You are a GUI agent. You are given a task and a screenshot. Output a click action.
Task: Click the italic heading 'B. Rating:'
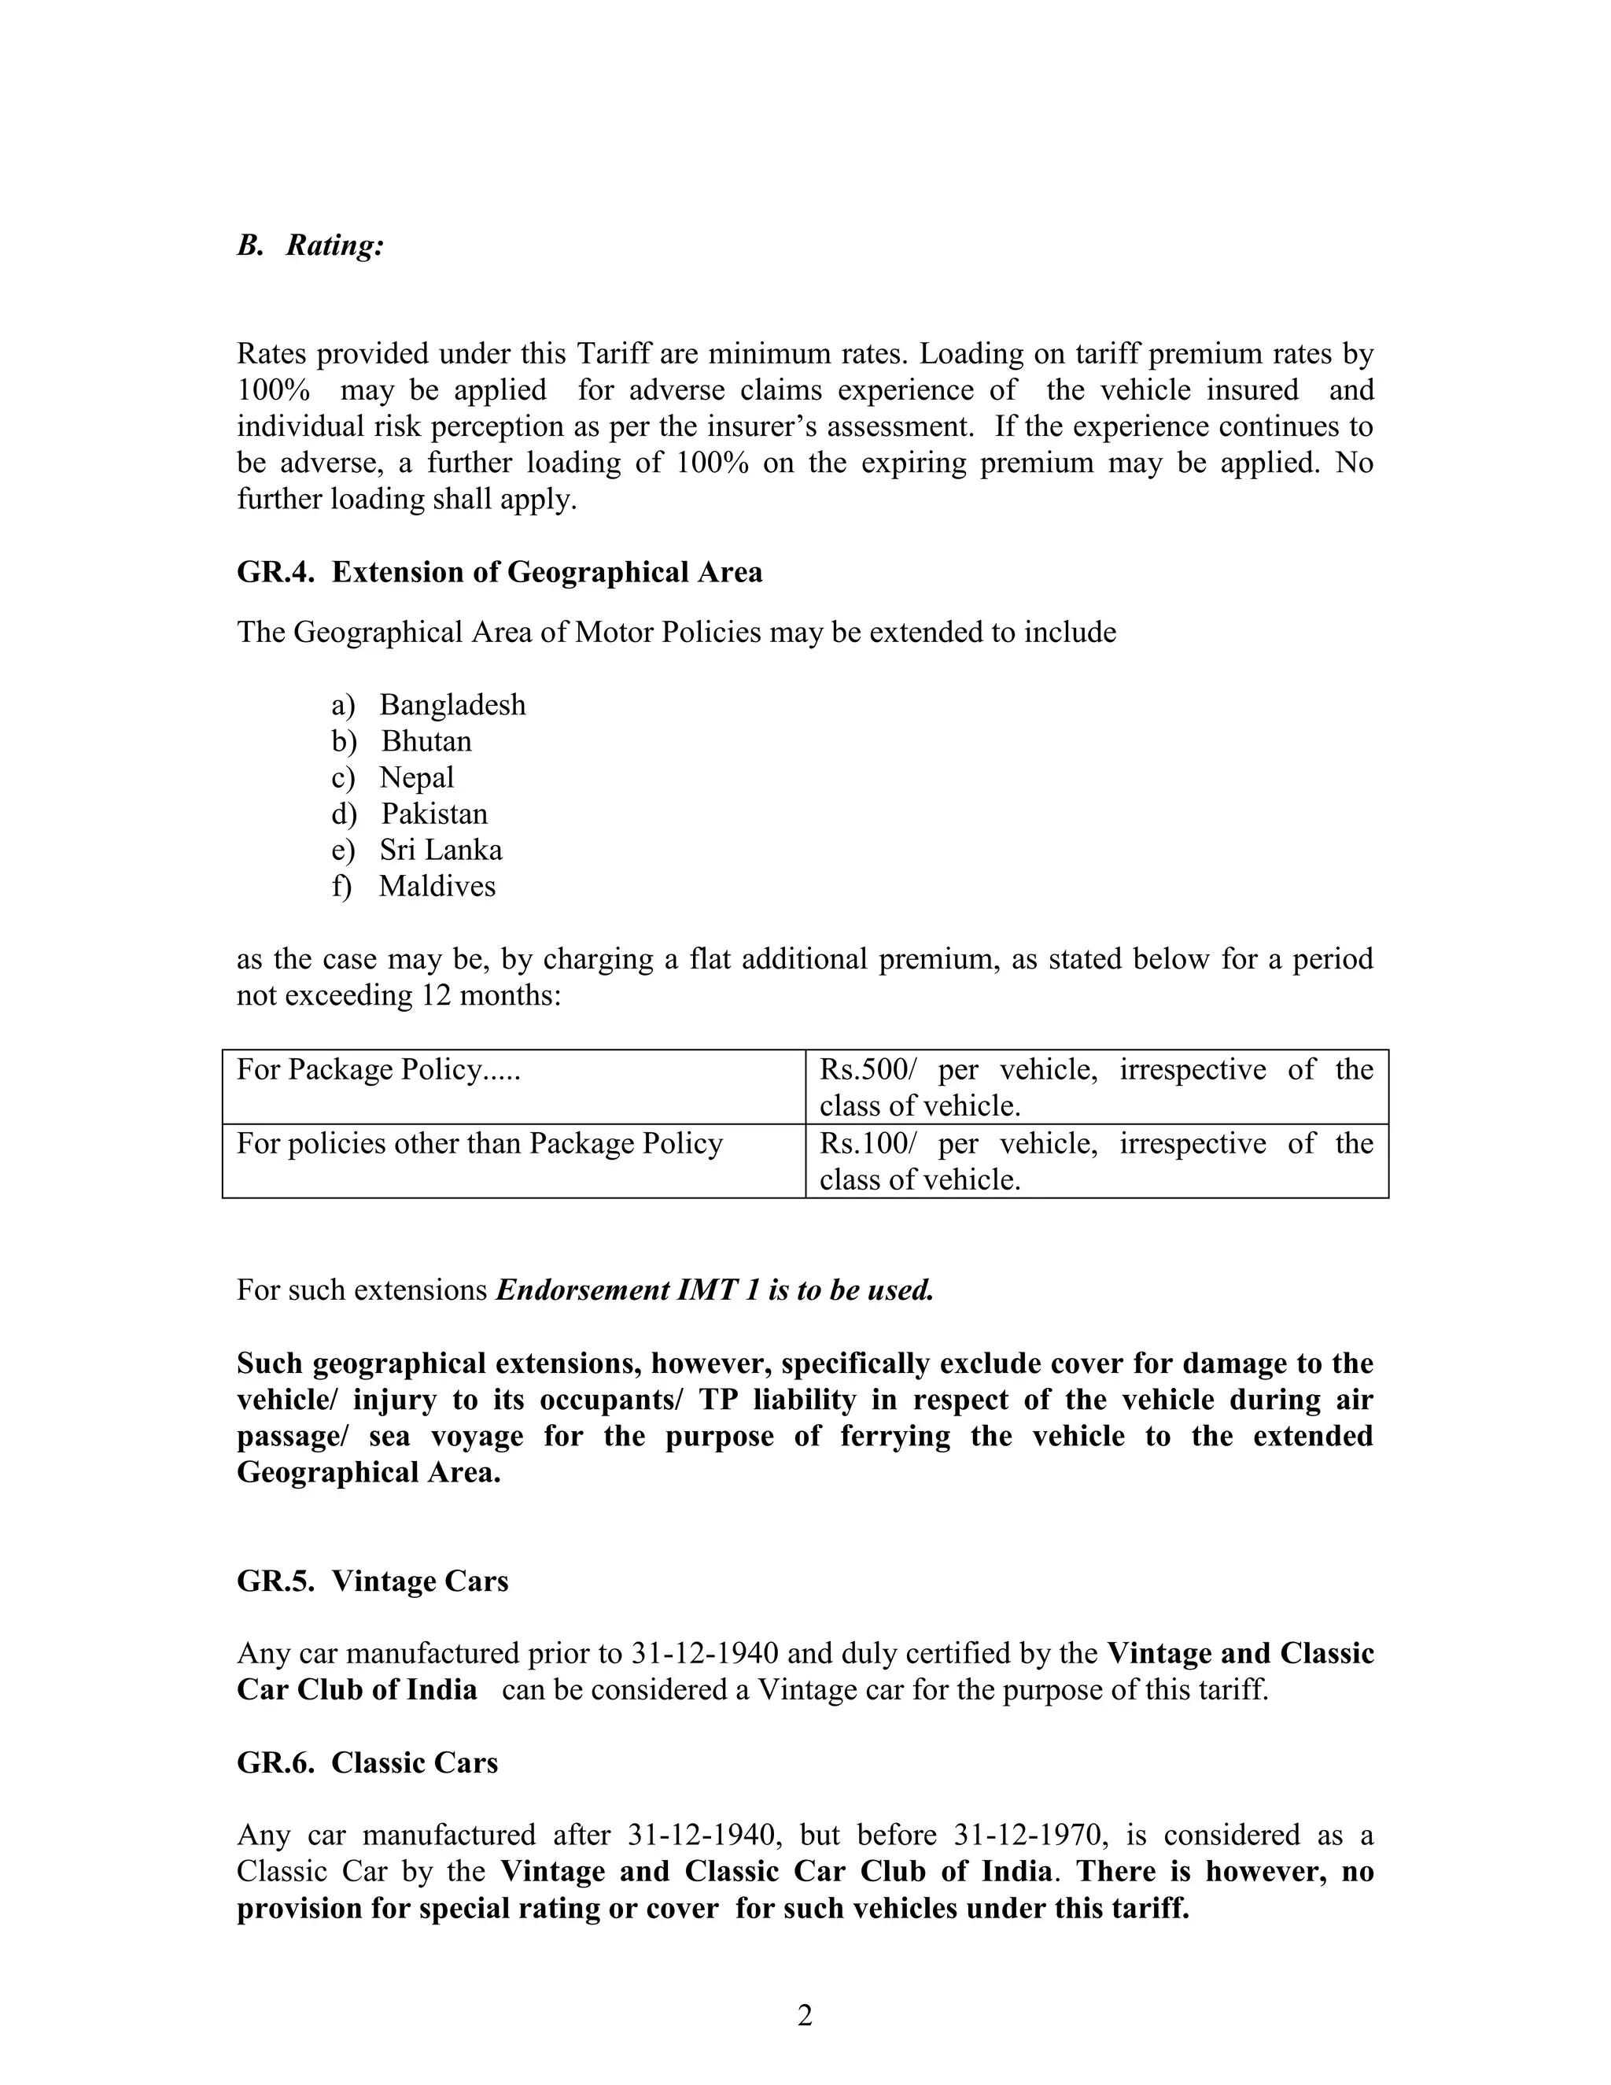(x=310, y=245)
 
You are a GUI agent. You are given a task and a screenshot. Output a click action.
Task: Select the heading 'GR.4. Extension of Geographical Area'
(x=500, y=572)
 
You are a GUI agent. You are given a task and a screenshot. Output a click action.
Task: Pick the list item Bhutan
(x=426, y=741)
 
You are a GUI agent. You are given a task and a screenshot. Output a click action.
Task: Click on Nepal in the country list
(x=416, y=777)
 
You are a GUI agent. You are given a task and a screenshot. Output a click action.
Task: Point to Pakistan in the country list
(x=434, y=814)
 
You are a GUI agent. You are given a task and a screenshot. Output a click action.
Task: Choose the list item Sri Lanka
(x=440, y=850)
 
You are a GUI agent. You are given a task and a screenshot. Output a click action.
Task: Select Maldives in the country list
(x=437, y=886)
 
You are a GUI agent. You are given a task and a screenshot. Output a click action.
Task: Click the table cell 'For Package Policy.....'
(x=378, y=1069)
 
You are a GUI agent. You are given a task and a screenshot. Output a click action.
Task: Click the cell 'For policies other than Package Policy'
(x=479, y=1144)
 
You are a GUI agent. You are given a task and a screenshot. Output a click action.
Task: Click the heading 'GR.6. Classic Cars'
(x=367, y=1762)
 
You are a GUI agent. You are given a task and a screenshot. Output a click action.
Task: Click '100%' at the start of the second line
(x=273, y=390)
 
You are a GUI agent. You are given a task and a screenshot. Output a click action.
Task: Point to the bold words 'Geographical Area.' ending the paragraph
(x=368, y=1472)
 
